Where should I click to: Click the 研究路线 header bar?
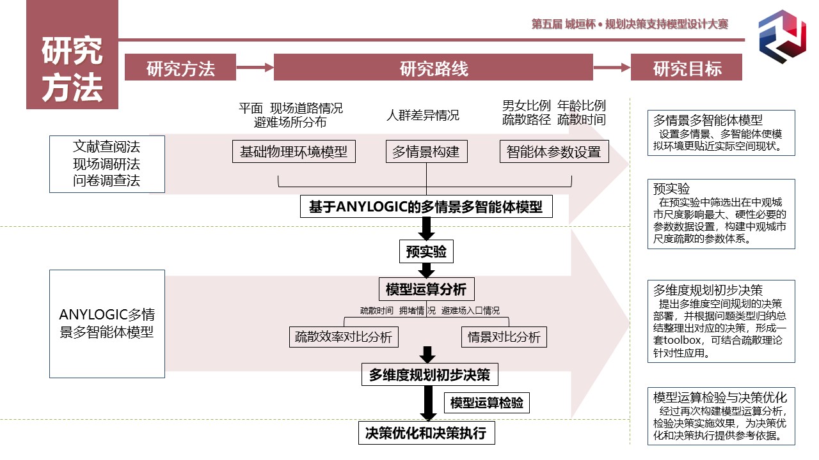[433, 68]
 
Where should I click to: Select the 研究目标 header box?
[687, 68]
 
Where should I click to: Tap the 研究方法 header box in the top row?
[180, 68]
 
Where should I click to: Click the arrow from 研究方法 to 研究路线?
[255, 66]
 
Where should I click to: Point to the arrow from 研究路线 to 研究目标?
[612, 67]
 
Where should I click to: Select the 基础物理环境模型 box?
[294, 151]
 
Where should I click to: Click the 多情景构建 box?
[426, 152]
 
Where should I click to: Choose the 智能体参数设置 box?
[554, 152]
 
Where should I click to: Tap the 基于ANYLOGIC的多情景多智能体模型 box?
[426, 207]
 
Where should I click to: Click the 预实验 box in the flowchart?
[426, 252]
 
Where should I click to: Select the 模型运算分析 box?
[426, 289]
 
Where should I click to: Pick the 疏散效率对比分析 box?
[344, 337]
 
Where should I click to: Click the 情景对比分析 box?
[504, 337]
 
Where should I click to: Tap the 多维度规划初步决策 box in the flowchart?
[429, 375]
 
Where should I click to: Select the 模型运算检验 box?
[486, 402]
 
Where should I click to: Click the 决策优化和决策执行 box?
[426, 433]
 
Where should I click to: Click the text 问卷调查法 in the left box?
[107, 181]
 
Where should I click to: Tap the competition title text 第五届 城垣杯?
[561, 24]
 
